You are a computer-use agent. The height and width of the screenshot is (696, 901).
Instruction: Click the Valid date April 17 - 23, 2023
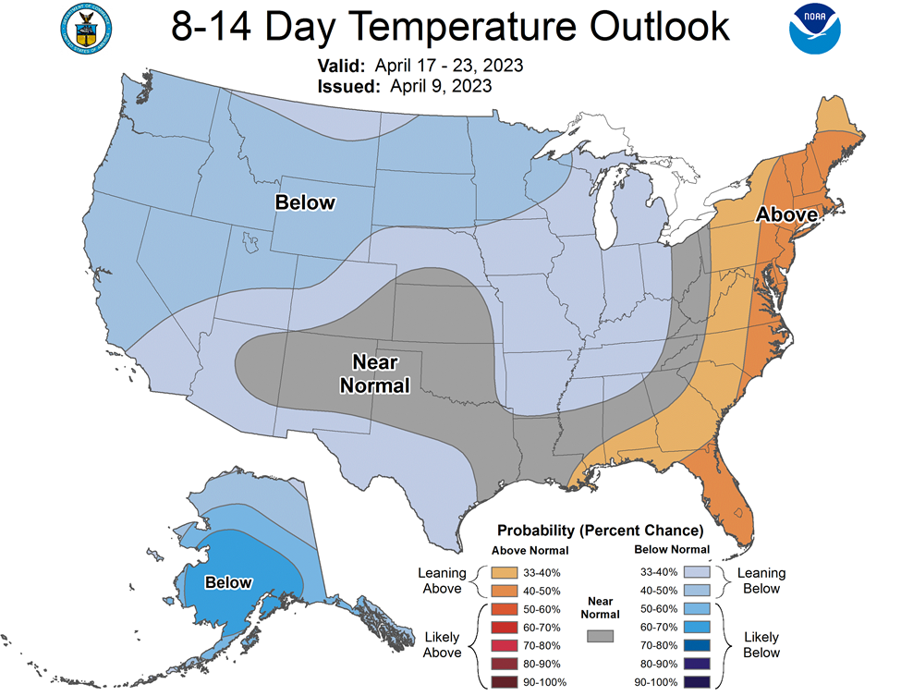[x=449, y=66]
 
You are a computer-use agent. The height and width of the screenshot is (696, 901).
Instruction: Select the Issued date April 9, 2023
[x=441, y=86]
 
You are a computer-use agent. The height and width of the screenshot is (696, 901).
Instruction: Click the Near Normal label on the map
[x=374, y=373]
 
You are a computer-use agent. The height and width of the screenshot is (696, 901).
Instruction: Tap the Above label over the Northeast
[x=786, y=214]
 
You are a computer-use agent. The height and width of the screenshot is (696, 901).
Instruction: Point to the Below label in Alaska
[x=228, y=583]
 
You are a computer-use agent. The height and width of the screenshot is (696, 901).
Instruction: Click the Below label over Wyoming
[x=305, y=202]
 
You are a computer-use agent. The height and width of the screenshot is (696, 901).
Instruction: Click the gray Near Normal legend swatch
[x=600, y=636]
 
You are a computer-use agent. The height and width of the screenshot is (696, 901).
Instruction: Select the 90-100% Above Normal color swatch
[x=504, y=682]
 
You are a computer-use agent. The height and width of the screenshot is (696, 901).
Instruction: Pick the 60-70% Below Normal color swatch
[x=697, y=627]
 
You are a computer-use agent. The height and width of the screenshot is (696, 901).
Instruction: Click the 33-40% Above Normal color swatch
[x=504, y=572]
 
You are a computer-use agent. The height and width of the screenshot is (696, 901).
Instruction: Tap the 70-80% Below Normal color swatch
[x=697, y=645]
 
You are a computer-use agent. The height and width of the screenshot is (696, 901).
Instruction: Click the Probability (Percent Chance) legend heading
[x=600, y=530]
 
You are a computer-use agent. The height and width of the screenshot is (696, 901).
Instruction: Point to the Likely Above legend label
[x=442, y=645]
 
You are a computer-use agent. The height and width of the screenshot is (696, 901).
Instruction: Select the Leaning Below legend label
[x=761, y=580]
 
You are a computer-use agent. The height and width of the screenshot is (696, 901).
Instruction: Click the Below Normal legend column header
[x=672, y=549]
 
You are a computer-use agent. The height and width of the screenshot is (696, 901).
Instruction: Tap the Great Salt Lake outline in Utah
[x=250, y=241]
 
